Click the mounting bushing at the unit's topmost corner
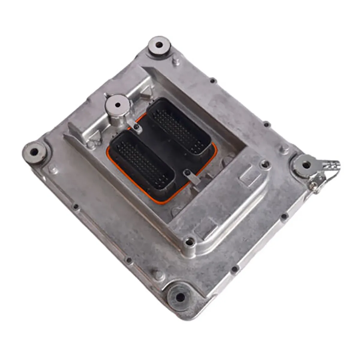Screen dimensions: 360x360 coord(159,46)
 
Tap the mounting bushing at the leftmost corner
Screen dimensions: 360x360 coord(34,151)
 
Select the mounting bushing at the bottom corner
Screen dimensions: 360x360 coord(180,297)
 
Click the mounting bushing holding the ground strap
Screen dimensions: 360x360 coord(306,165)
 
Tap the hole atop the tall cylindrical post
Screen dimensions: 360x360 coord(118,105)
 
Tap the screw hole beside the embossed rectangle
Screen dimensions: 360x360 coord(264,163)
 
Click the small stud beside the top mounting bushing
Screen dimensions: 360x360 coord(176,62)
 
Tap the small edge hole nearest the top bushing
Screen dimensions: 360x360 coord(212,80)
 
